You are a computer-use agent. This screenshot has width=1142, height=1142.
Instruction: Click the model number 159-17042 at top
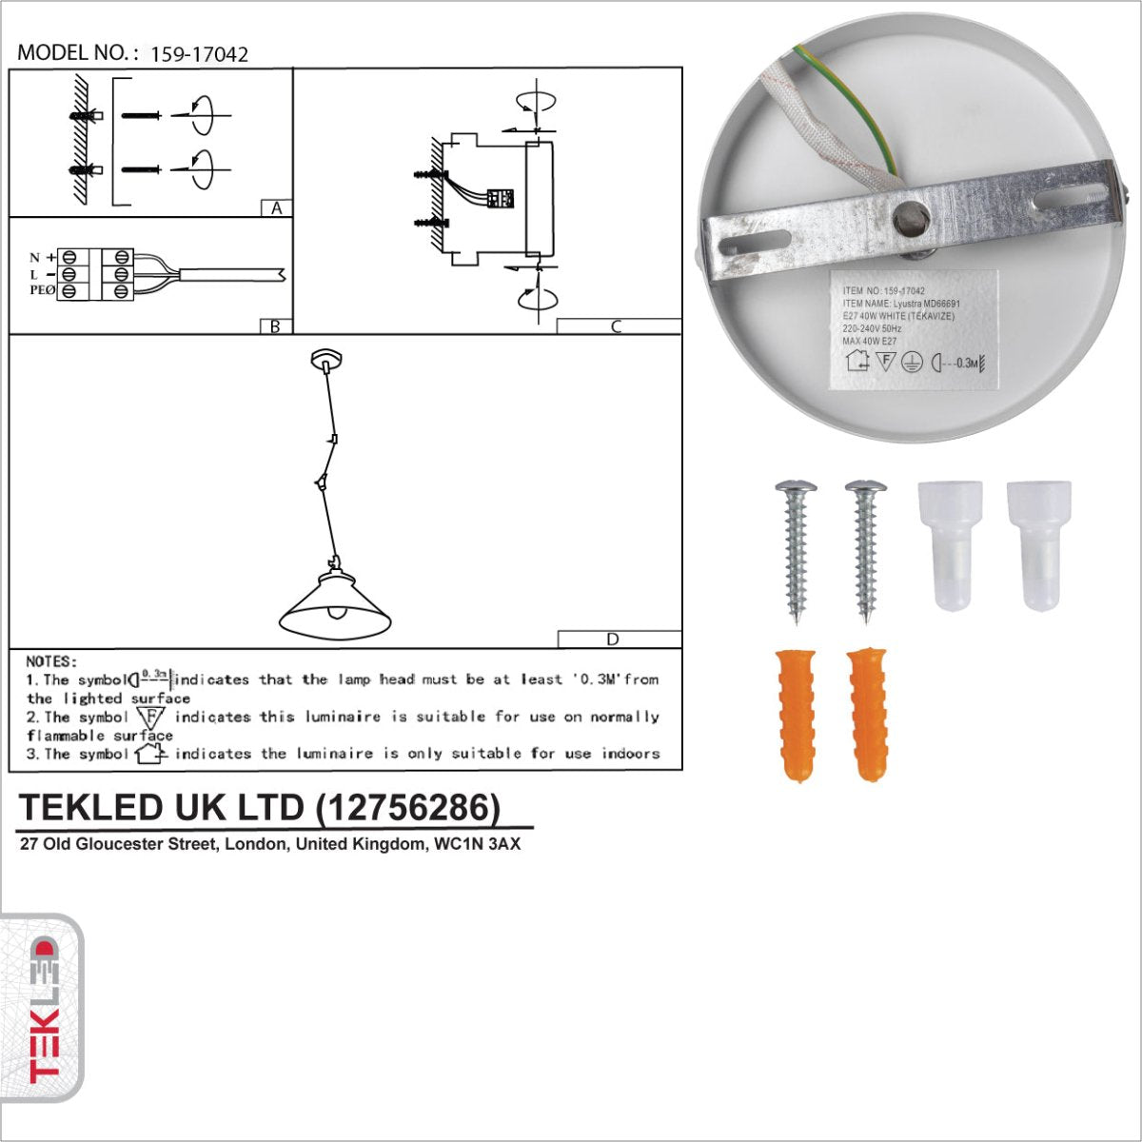[199, 54]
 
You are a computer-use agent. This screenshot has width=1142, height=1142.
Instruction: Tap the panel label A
[276, 208]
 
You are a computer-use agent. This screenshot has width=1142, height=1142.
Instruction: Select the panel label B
[275, 326]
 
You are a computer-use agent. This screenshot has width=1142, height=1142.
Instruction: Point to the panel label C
[617, 326]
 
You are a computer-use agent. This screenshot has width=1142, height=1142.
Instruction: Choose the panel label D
[613, 640]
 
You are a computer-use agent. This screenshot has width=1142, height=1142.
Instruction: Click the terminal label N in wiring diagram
[34, 258]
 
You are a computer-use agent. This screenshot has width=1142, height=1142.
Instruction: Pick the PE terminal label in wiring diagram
[42, 290]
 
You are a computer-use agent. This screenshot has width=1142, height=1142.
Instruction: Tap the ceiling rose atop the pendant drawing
[326, 360]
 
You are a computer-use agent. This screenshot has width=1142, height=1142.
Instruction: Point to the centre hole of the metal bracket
[909, 218]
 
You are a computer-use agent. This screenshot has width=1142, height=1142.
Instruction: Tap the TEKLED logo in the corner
[42, 1009]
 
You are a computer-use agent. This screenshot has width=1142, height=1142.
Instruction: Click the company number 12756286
[407, 807]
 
